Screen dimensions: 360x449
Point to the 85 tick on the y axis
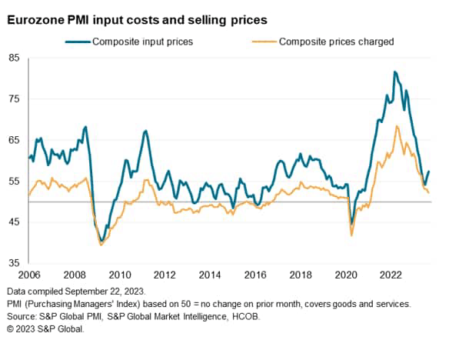15,58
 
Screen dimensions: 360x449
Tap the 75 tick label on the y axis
15,99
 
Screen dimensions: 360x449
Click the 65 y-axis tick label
15,140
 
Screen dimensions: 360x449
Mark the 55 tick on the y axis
15,182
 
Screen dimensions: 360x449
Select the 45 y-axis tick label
15,222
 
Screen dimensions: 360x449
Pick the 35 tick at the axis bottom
15,263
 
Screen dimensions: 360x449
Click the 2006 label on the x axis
29,275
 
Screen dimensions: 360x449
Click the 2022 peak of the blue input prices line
394,72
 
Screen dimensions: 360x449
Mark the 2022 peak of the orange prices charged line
397,126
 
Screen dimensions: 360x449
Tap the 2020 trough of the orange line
351,235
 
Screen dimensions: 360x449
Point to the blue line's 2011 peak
145,131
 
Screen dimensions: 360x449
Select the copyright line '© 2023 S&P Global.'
44,329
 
